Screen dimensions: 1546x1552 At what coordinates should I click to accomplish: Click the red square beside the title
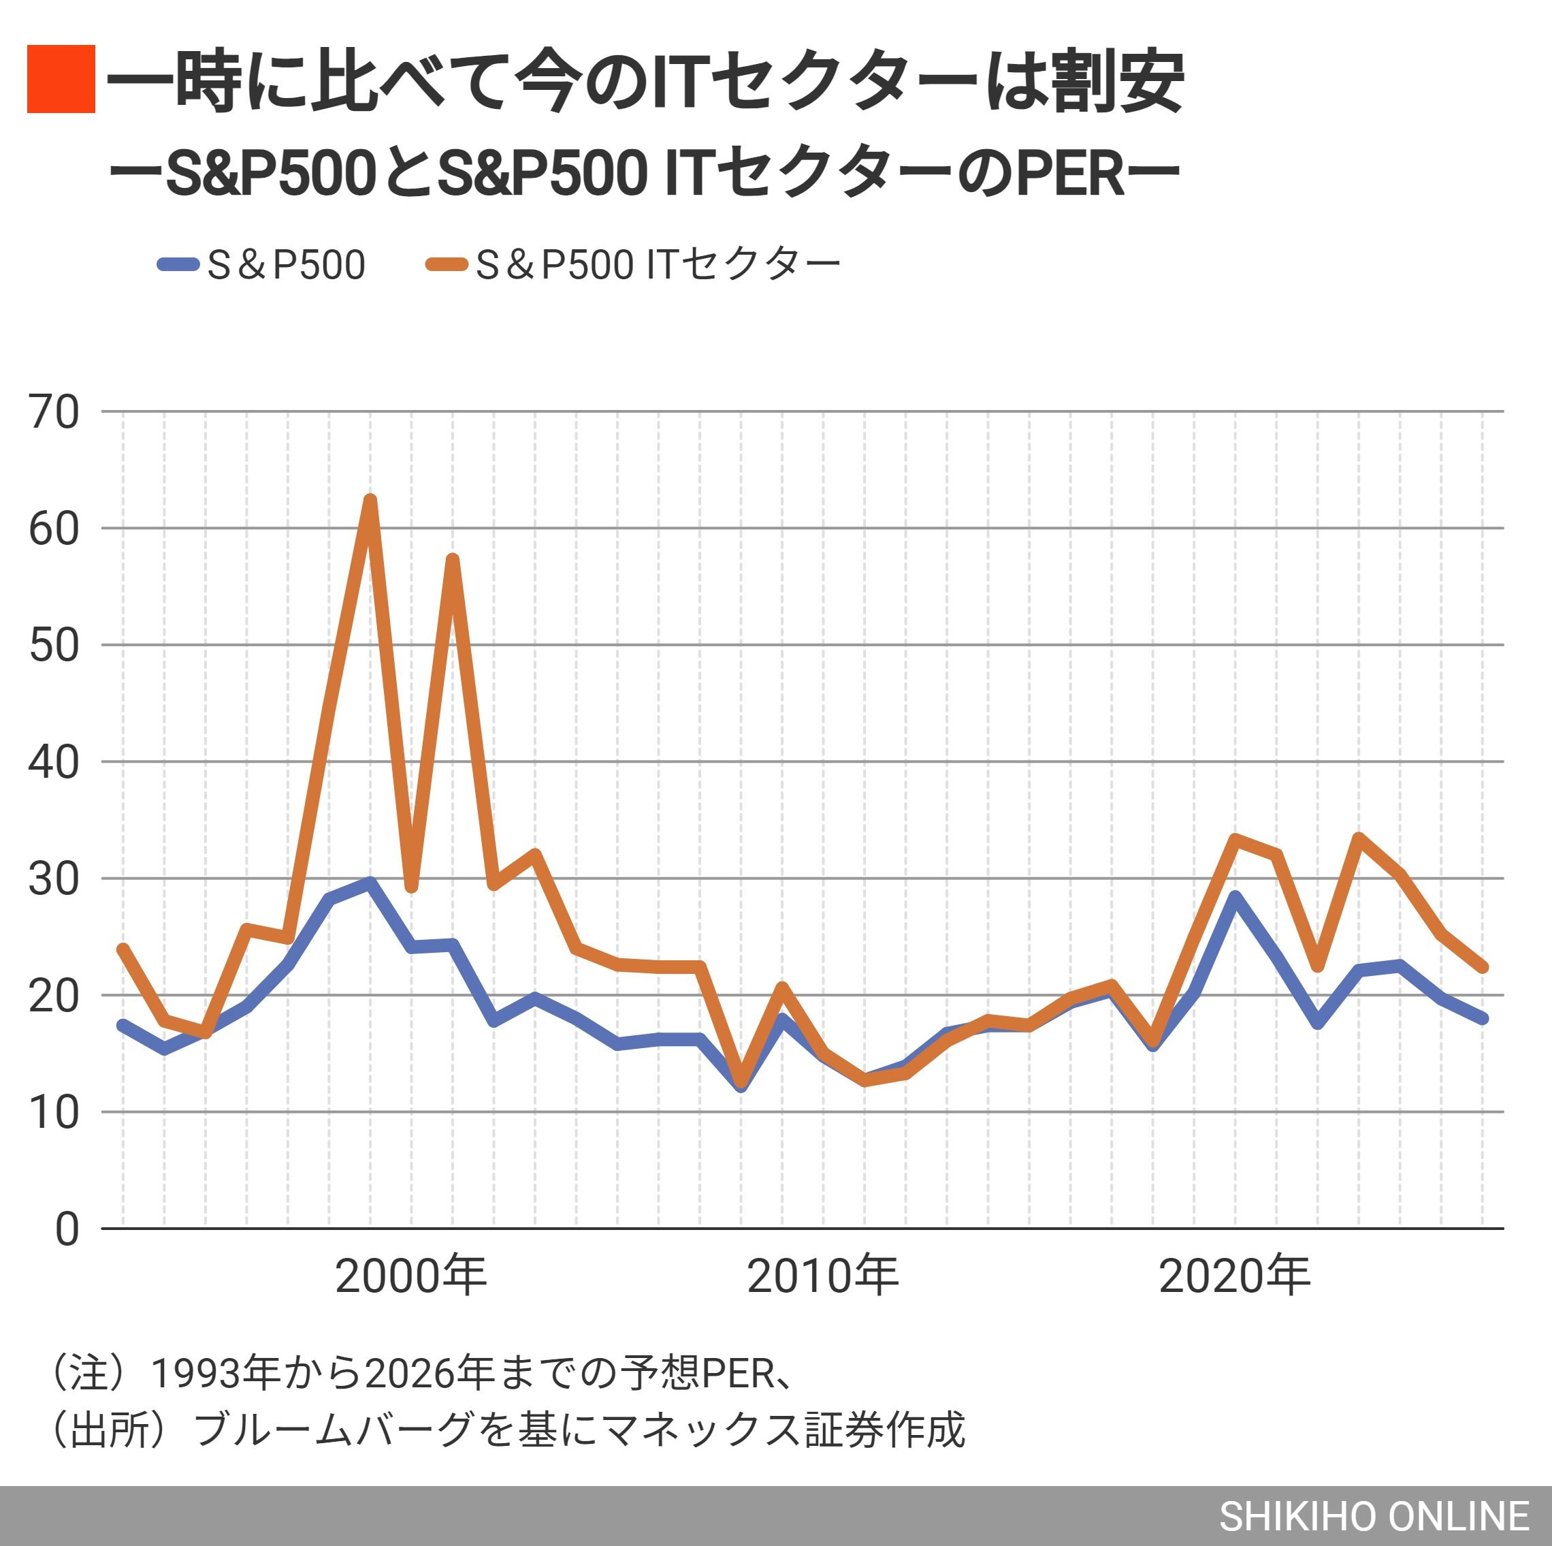61,79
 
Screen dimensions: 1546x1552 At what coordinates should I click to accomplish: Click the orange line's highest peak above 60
370,501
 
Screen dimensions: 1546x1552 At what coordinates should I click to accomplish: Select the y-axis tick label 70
54,412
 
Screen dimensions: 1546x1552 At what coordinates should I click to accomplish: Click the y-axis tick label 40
54,761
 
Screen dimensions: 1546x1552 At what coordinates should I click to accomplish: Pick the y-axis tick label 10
54,1113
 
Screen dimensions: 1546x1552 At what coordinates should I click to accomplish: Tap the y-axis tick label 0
67,1229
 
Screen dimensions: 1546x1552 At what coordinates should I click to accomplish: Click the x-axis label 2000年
410,1276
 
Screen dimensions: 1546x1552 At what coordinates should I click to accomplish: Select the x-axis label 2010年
822,1276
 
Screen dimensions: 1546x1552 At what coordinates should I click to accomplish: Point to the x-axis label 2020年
1234,1276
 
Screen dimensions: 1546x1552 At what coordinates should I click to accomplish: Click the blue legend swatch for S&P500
178,264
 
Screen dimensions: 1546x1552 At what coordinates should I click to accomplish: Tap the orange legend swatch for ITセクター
447,264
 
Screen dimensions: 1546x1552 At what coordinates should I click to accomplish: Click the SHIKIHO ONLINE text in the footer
1374,1516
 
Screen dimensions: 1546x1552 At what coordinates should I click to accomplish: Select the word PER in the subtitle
1070,174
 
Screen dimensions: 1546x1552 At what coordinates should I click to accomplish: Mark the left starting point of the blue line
123,1025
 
